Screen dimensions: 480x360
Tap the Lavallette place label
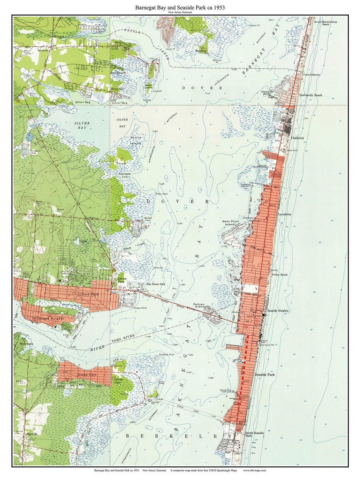pos(285,214)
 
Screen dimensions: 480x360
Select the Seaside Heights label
pos(278,311)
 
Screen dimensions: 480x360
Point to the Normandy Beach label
pos(311,95)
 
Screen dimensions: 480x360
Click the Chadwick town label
pos(297,138)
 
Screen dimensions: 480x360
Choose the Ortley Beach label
pos(279,275)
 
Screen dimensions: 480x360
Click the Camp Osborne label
pos(311,75)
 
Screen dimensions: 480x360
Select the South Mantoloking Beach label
pos(325,23)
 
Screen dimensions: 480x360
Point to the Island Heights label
pos(52,318)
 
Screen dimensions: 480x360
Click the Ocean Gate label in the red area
pos(87,375)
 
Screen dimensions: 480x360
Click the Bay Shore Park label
pos(156,284)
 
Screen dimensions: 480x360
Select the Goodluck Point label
pos(167,355)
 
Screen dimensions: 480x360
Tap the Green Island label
pos(149,86)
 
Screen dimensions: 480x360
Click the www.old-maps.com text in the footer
pos(254,471)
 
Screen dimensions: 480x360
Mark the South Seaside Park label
pos(254,434)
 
